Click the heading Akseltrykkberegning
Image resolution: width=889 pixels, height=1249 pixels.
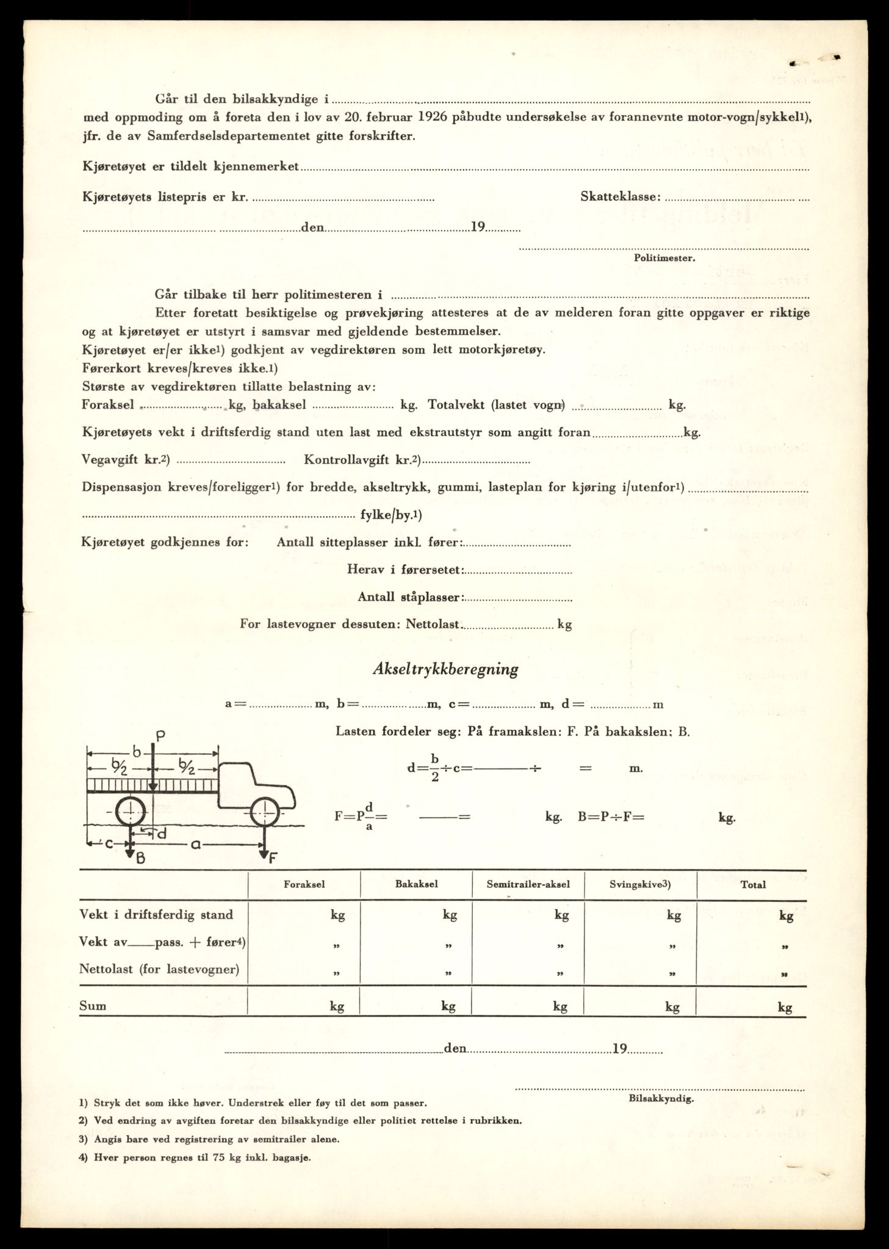coord(445,670)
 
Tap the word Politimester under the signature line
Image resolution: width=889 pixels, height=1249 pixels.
coord(664,258)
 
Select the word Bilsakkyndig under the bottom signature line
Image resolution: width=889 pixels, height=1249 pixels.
coord(660,1098)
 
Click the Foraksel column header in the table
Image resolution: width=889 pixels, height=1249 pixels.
coord(304,884)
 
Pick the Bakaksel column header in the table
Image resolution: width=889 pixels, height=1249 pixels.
coord(416,884)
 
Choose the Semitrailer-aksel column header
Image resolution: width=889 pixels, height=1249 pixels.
coord(528,884)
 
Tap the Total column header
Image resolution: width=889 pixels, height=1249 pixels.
coord(753,884)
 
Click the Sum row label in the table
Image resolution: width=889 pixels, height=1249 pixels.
coord(93,1006)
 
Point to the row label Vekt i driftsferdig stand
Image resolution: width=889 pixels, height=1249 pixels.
coord(156,915)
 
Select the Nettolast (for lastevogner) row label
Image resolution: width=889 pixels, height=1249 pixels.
coord(159,968)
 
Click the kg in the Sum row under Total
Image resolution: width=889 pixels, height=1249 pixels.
coord(785,1007)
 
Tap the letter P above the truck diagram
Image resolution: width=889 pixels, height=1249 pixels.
coord(160,736)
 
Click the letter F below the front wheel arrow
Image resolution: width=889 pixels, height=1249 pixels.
coord(272,857)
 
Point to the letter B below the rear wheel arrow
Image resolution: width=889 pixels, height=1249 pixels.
coord(140,858)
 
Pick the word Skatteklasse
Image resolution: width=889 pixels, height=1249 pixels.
coord(621,196)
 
